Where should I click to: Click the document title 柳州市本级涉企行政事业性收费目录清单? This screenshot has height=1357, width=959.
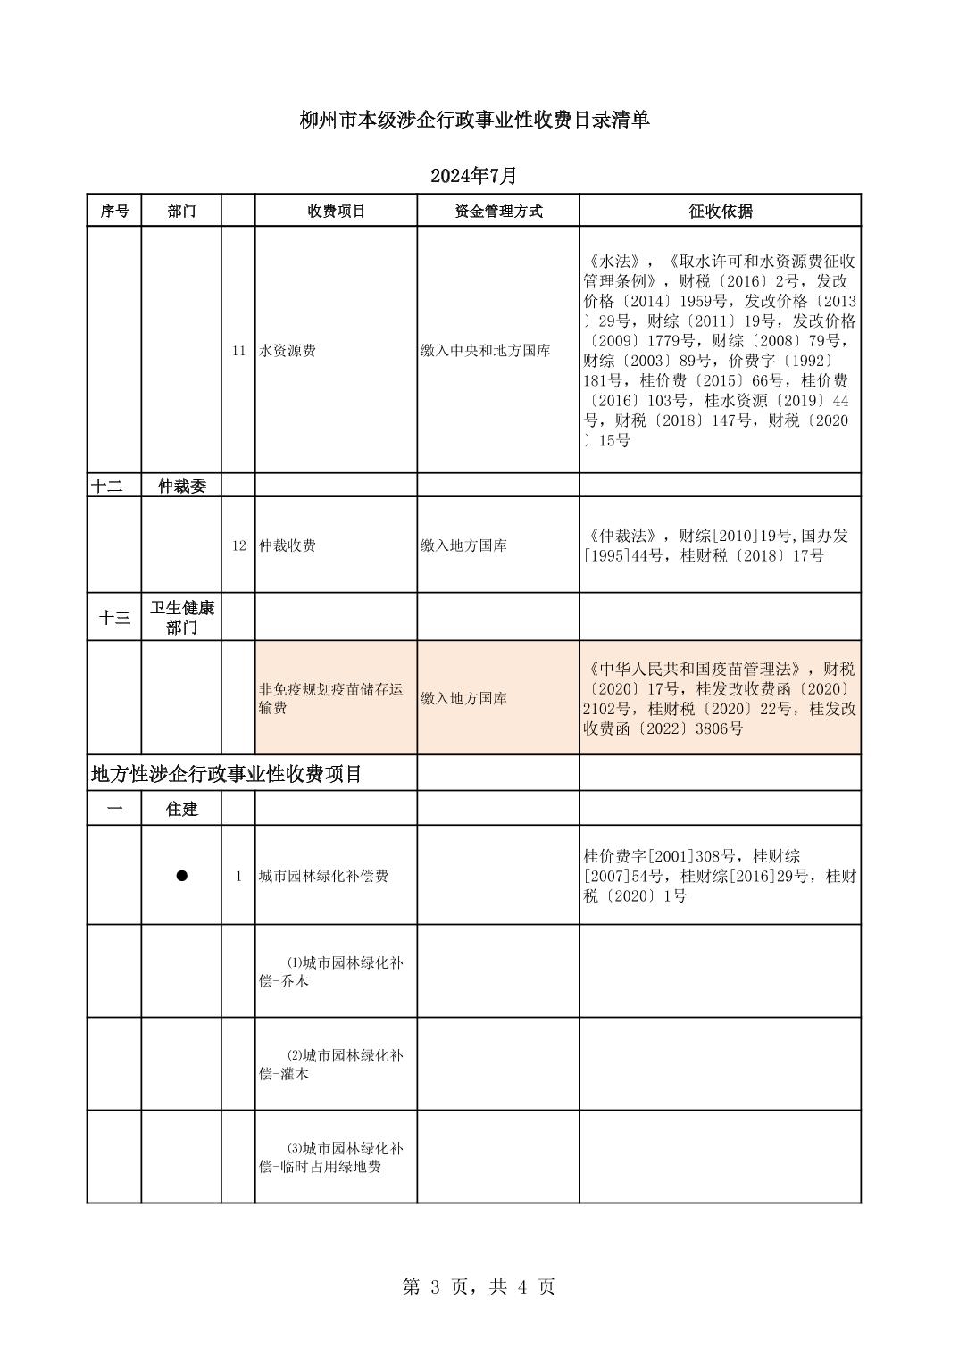(x=474, y=121)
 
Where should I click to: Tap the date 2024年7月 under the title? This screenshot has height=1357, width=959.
(x=473, y=176)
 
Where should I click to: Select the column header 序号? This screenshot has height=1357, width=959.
(x=114, y=212)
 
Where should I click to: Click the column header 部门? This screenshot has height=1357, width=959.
(x=181, y=212)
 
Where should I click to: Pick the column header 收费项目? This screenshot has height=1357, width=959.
(x=336, y=212)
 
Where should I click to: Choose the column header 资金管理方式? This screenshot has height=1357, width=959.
(x=498, y=212)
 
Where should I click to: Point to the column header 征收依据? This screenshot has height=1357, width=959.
(x=720, y=212)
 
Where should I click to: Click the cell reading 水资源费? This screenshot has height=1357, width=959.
(x=288, y=351)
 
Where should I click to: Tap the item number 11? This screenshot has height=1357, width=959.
(x=238, y=351)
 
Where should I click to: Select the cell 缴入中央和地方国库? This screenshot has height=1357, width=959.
(x=485, y=351)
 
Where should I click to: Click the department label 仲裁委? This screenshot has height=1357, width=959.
(x=181, y=486)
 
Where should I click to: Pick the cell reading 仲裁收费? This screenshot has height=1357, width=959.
(x=288, y=545)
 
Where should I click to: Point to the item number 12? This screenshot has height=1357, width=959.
(x=238, y=545)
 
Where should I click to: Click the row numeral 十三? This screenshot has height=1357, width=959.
(x=114, y=618)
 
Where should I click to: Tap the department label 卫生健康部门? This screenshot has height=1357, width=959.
(x=181, y=618)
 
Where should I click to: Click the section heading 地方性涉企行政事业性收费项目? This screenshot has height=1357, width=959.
(x=227, y=774)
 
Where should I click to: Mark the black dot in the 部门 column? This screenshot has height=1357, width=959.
(x=181, y=876)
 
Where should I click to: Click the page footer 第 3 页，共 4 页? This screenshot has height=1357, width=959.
(x=479, y=1286)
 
